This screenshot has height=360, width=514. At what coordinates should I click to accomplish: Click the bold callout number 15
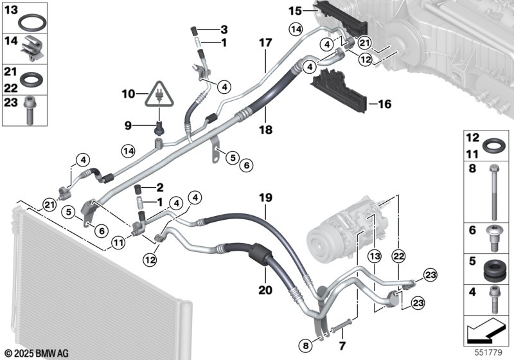[x=294, y=10]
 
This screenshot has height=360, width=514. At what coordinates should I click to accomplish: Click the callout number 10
[x=128, y=94]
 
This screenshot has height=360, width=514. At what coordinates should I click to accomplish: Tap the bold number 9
[x=128, y=124]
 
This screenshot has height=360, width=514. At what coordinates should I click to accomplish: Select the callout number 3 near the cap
[x=224, y=30]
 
